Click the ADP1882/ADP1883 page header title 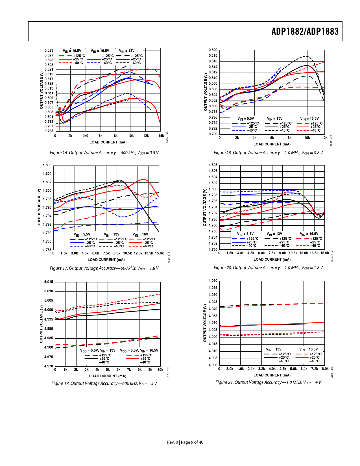(305, 31)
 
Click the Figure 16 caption (104, 153)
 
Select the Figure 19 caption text (268, 153)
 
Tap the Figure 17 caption (104, 268)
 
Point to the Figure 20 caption (268, 268)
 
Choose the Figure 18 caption (104, 384)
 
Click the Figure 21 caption (268, 382)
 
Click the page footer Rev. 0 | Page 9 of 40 (185, 442)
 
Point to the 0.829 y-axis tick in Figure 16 (49, 51)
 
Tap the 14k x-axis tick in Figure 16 (161, 136)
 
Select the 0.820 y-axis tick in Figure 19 (213, 50)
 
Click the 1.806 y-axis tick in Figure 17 (47, 165)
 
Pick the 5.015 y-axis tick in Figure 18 (49, 282)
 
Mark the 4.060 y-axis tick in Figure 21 (213, 281)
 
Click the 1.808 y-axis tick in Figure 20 (213, 165)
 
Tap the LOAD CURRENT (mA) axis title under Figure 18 (108, 376)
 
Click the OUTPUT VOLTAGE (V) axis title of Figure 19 (206, 92)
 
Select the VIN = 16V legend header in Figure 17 (140, 235)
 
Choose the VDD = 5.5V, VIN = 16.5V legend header (139, 350)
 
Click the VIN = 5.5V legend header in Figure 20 (245, 234)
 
